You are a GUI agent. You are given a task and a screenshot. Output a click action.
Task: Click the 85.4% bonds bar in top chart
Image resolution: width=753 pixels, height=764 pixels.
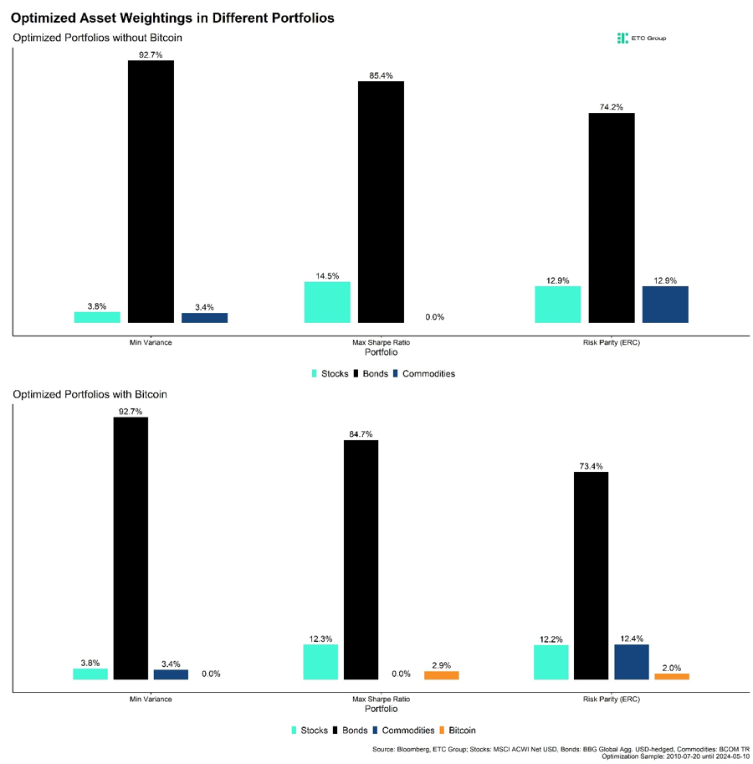381,202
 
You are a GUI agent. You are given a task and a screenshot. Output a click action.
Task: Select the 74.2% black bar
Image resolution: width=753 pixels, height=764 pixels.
612,218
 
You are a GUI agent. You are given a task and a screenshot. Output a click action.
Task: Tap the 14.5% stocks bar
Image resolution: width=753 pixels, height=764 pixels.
327,302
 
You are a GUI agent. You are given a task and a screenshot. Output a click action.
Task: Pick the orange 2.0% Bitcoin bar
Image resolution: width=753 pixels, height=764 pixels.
672,676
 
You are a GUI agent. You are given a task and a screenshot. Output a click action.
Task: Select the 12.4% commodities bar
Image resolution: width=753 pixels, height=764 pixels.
632,662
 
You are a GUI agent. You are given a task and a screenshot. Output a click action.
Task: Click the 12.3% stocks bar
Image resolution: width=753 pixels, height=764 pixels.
320,662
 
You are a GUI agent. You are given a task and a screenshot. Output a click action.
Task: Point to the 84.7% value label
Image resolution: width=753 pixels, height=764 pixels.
361,433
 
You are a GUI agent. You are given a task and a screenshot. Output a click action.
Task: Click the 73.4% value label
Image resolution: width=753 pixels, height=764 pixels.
591,466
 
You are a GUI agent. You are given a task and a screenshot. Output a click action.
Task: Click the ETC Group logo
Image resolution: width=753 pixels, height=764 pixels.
641,38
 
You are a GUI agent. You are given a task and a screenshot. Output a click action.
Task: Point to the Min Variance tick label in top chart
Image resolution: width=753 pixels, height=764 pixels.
151,344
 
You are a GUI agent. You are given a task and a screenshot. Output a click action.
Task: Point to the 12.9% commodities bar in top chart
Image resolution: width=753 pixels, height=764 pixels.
665,305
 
